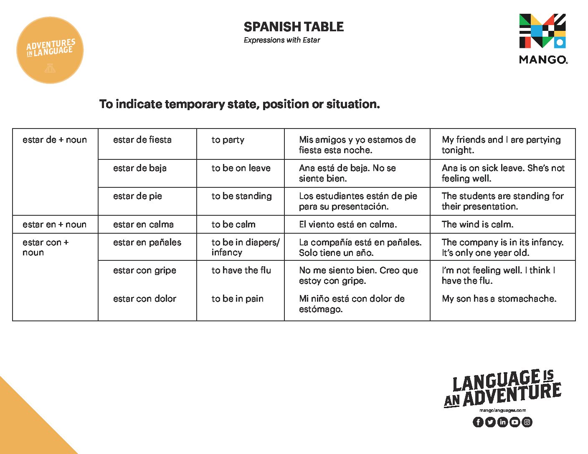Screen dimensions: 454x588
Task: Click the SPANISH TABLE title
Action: coord(294,27)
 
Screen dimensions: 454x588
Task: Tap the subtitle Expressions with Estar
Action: coord(282,40)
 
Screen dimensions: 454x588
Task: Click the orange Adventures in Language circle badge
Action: coord(50,50)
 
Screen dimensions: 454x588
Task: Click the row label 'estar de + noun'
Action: coord(55,140)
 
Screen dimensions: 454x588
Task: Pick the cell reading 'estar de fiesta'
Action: coord(142,140)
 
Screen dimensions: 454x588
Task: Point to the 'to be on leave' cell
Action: coord(241,168)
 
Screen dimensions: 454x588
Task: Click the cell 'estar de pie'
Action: coord(137,196)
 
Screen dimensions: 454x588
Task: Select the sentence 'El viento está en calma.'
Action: coord(348,224)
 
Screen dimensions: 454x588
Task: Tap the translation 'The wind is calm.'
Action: coord(477,224)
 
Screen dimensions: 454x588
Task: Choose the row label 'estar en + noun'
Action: coord(55,224)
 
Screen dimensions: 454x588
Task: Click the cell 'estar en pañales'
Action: coord(147,242)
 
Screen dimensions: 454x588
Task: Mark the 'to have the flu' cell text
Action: coord(241,270)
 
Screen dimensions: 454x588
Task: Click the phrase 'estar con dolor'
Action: coord(144,299)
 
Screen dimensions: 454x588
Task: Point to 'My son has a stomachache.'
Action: coord(499,299)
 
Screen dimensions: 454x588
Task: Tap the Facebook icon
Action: coord(478,422)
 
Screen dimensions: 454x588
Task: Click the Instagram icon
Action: coord(527,422)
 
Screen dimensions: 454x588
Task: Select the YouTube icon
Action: coord(515,422)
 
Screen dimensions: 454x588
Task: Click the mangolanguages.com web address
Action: coord(503,411)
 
